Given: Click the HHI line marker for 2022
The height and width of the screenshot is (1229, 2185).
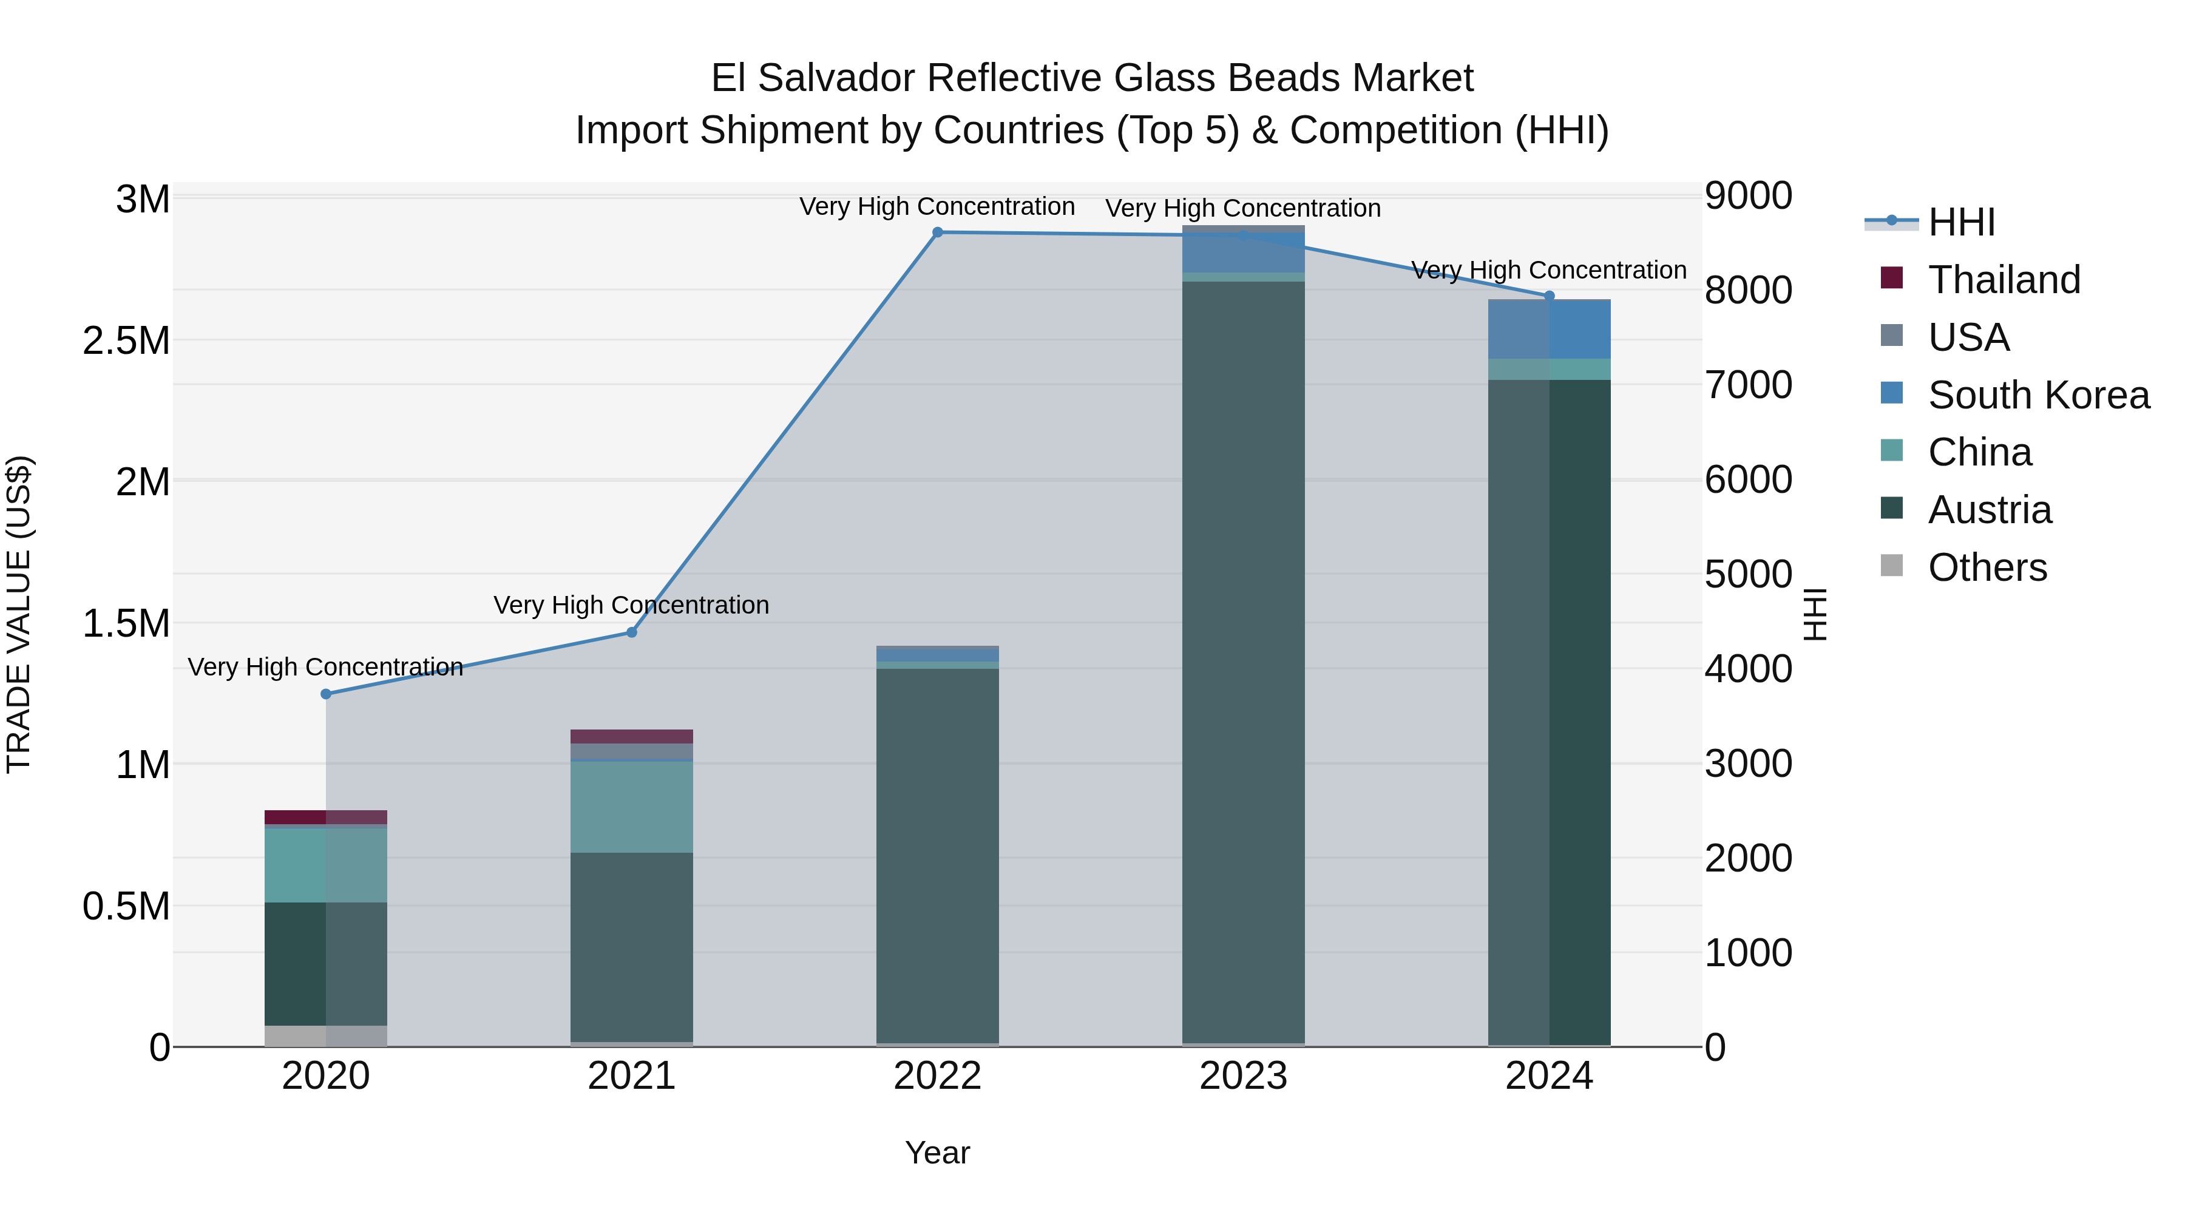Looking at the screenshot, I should tap(937, 232).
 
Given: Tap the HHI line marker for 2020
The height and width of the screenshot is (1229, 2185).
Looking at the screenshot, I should tap(326, 694).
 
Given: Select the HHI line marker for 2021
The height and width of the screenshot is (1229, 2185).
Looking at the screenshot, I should tap(631, 632).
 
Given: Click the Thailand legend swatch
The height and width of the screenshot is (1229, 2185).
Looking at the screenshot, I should tap(1891, 278).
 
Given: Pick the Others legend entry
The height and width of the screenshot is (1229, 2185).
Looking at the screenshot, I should tap(1987, 567).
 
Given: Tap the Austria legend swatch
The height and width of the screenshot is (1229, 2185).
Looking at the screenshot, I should tap(1891, 508).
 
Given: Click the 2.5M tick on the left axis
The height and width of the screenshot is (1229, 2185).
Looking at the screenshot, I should tap(126, 341).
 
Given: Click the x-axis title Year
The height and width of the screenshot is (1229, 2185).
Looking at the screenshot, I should tap(937, 1153).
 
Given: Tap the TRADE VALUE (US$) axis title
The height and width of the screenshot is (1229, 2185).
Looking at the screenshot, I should tap(19, 614).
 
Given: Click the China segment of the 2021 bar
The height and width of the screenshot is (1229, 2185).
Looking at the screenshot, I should tap(631, 807).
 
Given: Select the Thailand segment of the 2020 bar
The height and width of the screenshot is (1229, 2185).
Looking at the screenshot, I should tap(326, 817).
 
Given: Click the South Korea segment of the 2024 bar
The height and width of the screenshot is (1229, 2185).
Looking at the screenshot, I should tap(1549, 330).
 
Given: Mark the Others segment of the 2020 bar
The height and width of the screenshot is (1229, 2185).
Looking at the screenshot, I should tap(326, 1035).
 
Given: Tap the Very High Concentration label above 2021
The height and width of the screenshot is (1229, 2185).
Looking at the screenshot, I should tap(631, 604).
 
